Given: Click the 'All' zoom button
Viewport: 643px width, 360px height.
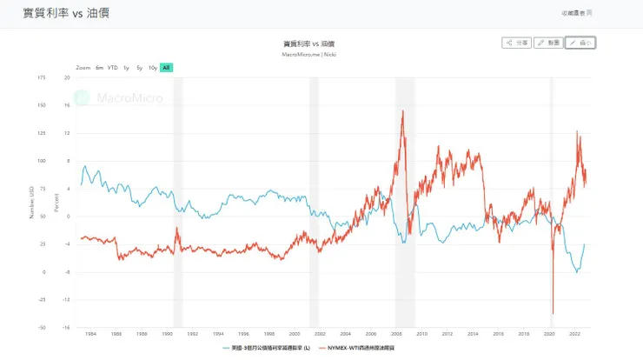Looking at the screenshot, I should point(166,67).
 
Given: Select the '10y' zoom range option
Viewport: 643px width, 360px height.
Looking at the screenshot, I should point(153,67).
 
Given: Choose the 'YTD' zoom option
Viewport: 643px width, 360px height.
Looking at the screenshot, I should point(112,67).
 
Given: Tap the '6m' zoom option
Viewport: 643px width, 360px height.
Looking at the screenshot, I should point(99,67).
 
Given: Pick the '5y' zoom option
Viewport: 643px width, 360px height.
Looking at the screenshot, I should point(139,67).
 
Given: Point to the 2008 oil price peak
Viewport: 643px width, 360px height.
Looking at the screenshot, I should point(402,111).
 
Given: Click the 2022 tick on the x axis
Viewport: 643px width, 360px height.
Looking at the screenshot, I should point(574,333).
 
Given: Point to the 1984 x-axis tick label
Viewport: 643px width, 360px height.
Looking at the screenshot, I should point(90,333).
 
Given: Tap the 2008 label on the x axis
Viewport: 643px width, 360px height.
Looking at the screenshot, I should point(397,333).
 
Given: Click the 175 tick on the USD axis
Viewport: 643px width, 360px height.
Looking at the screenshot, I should point(42,77).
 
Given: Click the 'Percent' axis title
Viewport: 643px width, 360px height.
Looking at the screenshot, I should point(57,203).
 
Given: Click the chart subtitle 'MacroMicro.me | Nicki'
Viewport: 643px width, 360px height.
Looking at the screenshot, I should point(309,54).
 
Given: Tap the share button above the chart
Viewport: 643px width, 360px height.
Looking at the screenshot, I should point(517,42).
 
